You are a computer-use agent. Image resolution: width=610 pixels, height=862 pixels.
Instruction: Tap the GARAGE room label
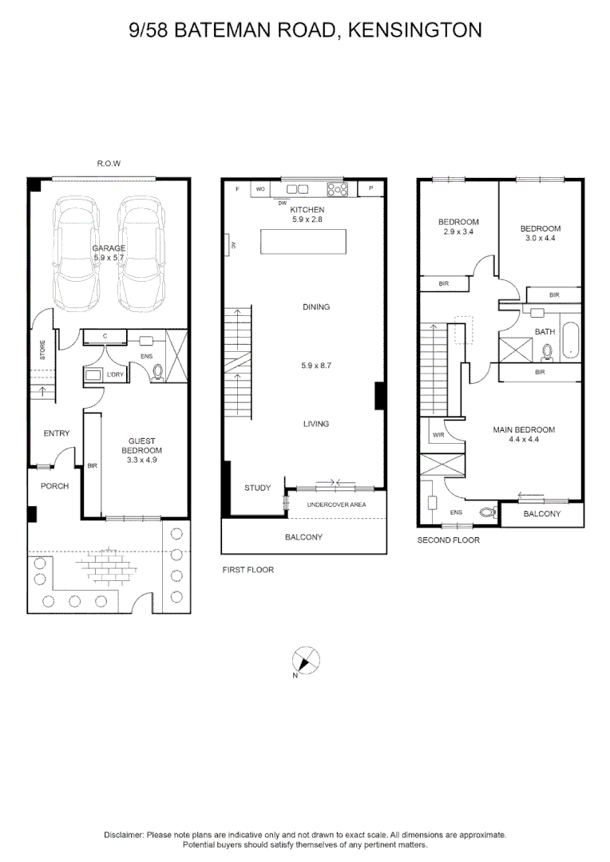[x=108, y=248]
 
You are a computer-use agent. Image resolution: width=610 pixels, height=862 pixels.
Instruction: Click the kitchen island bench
[x=303, y=239]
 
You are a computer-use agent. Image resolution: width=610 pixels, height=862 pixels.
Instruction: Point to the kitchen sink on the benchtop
[x=297, y=189]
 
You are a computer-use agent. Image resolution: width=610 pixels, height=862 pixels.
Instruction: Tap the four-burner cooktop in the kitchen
[x=338, y=189]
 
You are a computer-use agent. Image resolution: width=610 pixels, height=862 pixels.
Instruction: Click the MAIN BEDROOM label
[x=523, y=429]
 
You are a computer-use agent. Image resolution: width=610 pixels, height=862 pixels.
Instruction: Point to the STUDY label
[x=257, y=488]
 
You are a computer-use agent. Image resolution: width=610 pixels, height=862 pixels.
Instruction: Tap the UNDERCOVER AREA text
[x=336, y=504]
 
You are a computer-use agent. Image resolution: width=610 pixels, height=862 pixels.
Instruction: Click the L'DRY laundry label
[x=117, y=374]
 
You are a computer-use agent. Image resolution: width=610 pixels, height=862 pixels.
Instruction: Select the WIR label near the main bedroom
[x=438, y=435]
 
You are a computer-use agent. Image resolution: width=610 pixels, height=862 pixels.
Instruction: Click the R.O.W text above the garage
[x=108, y=164]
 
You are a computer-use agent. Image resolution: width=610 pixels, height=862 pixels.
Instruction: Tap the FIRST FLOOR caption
[x=248, y=570]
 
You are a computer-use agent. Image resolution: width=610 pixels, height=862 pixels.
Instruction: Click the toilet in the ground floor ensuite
[x=156, y=370]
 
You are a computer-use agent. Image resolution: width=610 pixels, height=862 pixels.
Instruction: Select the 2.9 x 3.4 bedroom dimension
[x=457, y=231]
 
